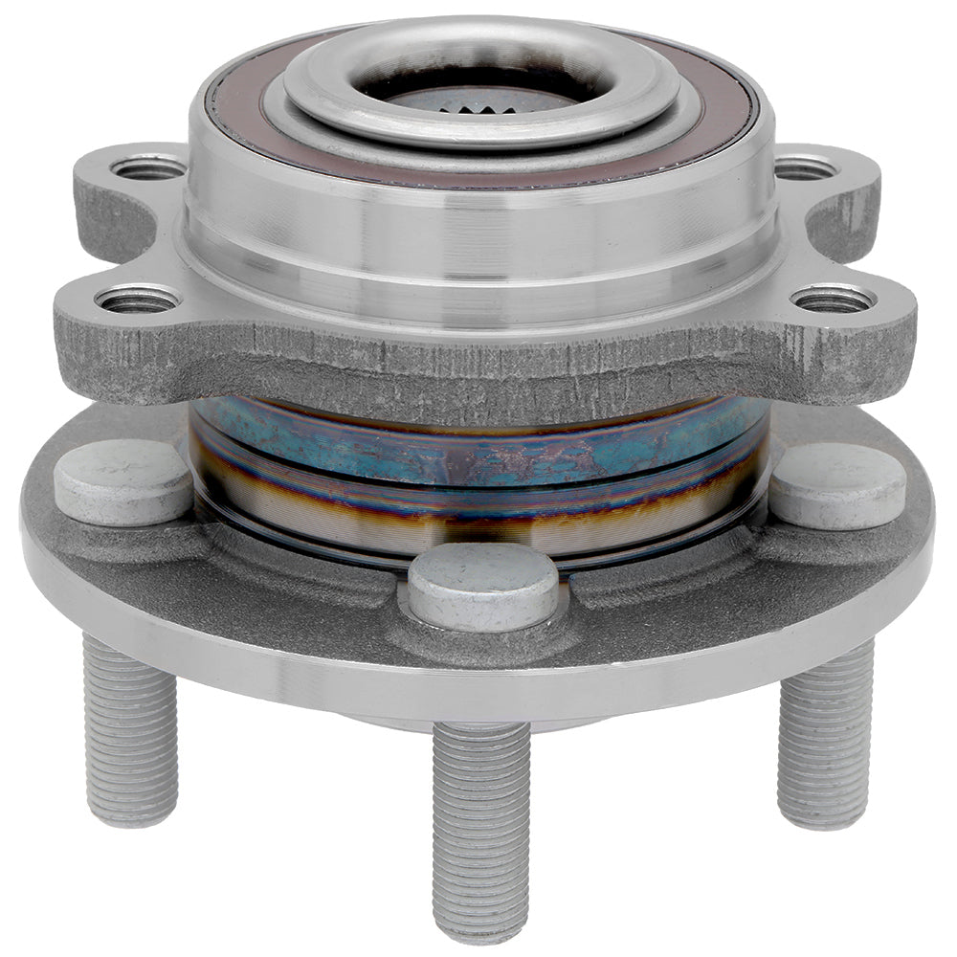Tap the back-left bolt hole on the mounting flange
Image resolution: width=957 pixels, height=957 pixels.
pyautogui.click(x=148, y=168)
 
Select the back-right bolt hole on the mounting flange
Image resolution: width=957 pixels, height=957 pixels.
pyautogui.click(x=805, y=170)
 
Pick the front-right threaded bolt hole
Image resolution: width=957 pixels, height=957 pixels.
pyautogui.click(x=833, y=300)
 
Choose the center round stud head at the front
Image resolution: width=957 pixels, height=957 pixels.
pyautogui.click(x=483, y=584)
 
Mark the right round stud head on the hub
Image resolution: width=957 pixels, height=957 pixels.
pyautogui.click(x=837, y=483)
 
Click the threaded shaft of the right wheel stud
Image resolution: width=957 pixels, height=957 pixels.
pyautogui.click(x=825, y=737)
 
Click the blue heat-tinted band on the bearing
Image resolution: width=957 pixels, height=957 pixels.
pyautogui.click(x=478, y=450)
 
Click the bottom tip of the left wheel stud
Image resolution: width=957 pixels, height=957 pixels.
pyautogui.click(x=131, y=818)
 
